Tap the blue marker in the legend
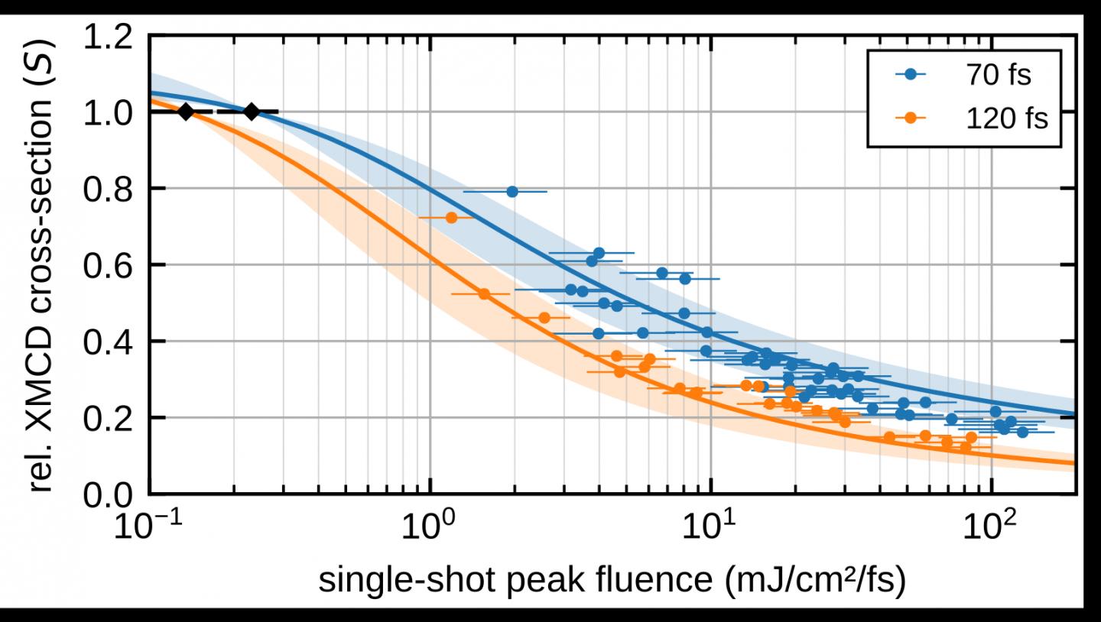[x=911, y=75]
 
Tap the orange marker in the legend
[x=911, y=119]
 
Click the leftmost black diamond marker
[x=186, y=112]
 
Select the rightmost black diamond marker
[x=252, y=112]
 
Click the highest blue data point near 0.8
[x=512, y=191]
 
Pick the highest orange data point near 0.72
[x=451, y=218]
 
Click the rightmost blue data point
[x=1022, y=432]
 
